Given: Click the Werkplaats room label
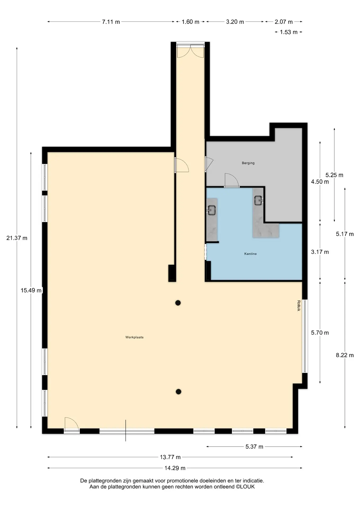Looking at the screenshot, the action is point(134,337).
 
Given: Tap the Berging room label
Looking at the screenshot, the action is point(248,163).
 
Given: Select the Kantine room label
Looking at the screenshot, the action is point(251,254).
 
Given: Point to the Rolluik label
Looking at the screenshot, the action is point(299,305).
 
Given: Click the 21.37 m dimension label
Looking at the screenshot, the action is point(17,238).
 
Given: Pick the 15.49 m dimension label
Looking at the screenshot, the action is point(31,290).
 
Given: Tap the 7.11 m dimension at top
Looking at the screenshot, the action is point(111,22).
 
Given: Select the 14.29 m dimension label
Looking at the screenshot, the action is point(175,468).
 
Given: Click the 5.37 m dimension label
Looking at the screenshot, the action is point(254,446).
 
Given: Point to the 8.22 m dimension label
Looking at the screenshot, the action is point(345,355).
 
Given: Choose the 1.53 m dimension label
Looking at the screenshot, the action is point(289,32).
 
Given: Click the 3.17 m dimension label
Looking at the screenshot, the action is point(320,252).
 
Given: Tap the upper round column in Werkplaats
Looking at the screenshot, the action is point(178,303).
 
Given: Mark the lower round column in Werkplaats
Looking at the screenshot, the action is point(178,392).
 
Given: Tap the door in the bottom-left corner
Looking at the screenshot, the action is point(72,424).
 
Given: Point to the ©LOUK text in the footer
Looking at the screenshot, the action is point(245,486).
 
